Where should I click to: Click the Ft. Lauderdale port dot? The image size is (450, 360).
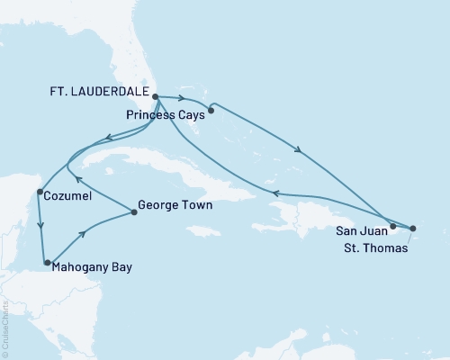tap(155, 95)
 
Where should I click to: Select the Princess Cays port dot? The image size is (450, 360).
tap(210, 112)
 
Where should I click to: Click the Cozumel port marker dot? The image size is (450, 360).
tap(39, 192)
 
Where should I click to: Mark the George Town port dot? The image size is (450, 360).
tap(134, 212)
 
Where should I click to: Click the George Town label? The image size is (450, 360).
tap(176, 205)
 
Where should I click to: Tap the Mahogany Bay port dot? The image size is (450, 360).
tap(47, 263)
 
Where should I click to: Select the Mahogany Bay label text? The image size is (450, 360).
tap(95, 266)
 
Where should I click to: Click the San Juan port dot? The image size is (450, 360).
tap(393, 227)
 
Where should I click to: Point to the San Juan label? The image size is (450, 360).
tap(356, 230)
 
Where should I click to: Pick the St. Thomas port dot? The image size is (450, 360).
tap(413, 229)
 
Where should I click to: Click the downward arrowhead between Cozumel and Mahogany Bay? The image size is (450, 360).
tap(39, 226)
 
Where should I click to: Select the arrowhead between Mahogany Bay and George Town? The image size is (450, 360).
tap(85, 235)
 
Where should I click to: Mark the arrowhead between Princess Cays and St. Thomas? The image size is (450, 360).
tap(298, 148)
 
